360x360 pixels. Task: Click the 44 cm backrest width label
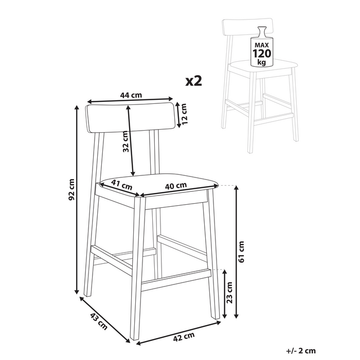[x=131, y=95]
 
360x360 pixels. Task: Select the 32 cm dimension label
[x=124, y=140]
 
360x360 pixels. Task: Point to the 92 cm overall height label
[x=72, y=189]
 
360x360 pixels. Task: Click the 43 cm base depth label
[x=98, y=321]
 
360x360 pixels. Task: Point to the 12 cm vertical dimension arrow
[x=177, y=115]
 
